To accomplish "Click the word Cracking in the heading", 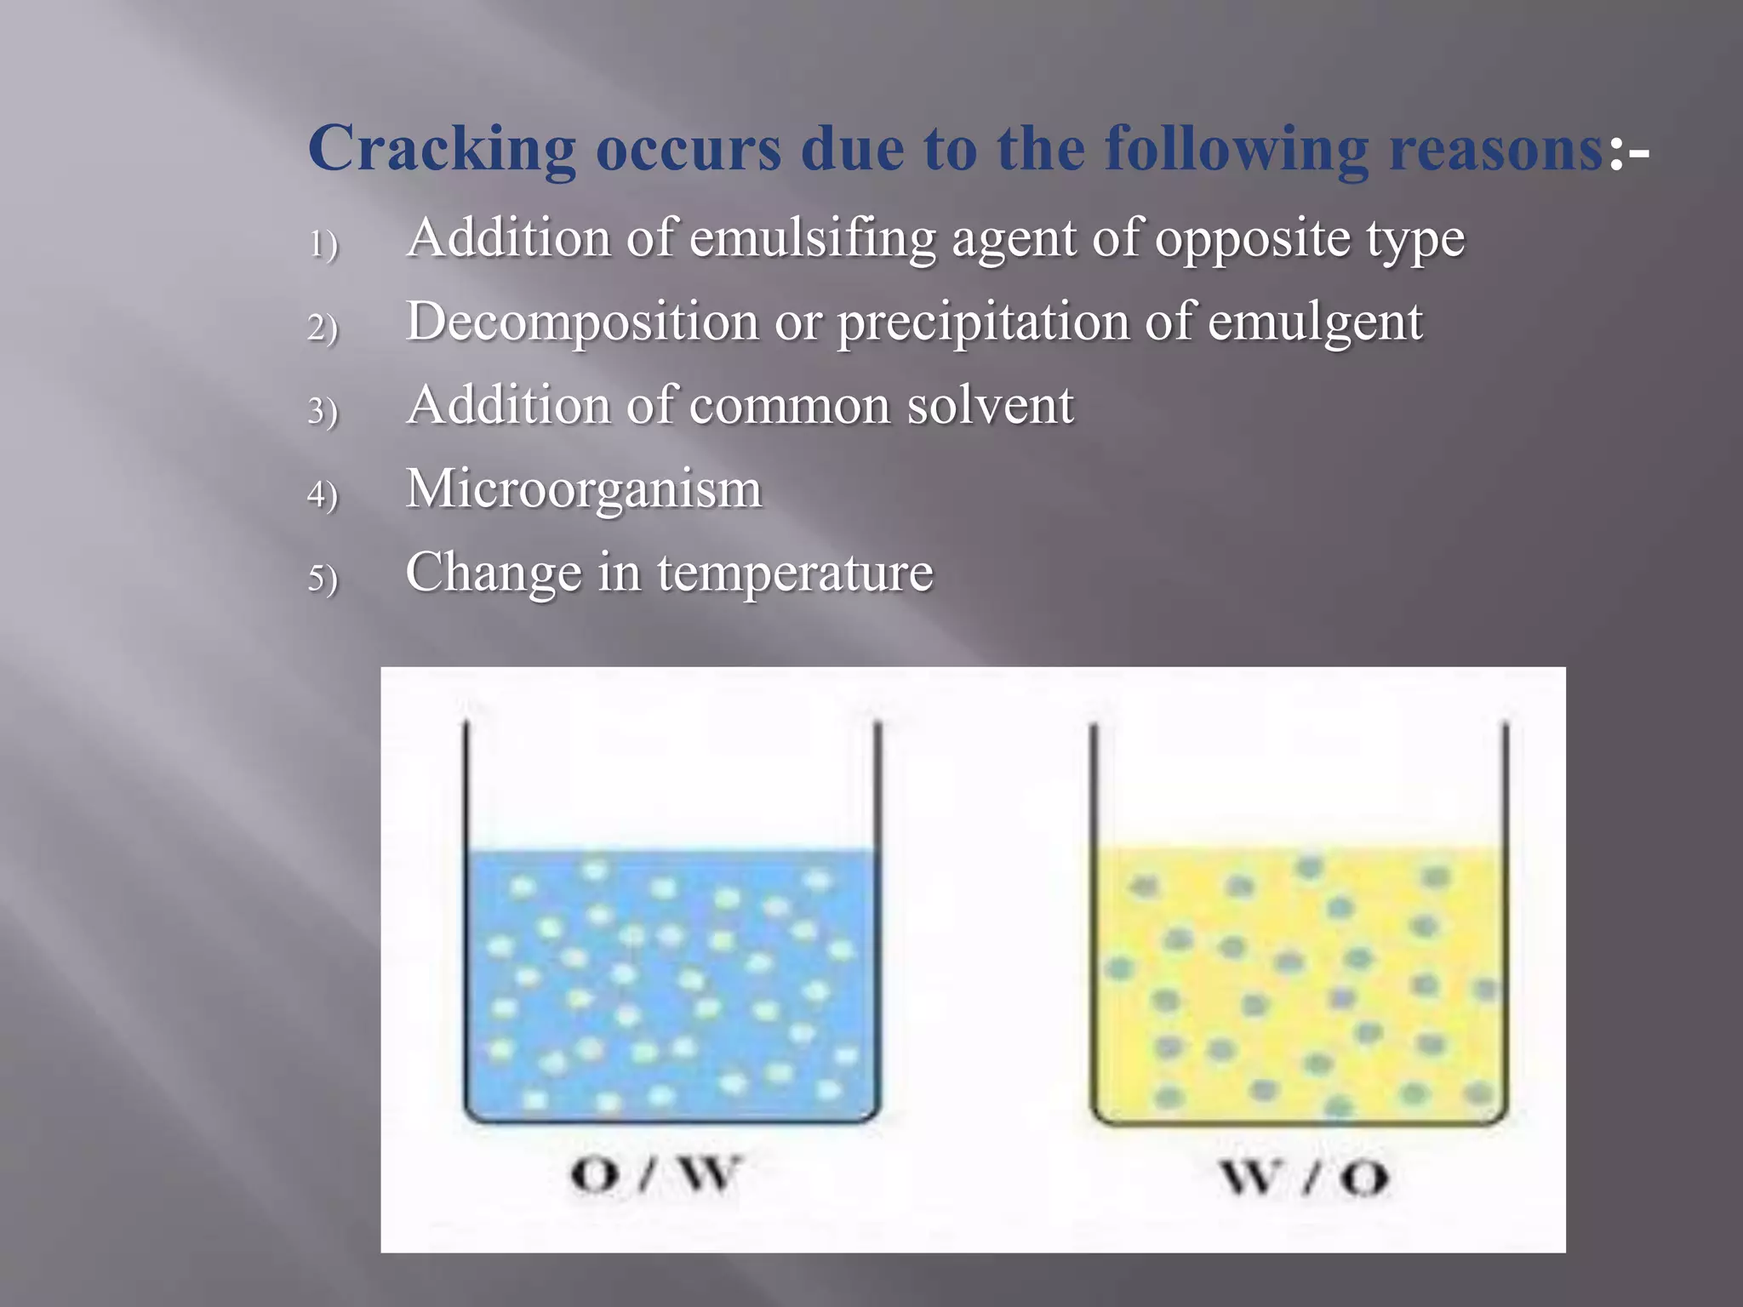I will point(442,149).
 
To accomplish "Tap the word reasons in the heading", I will point(1495,149).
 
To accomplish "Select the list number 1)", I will point(323,245).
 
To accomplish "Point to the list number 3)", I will point(323,412).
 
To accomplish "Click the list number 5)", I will point(323,579).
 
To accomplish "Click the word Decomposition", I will point(582,322).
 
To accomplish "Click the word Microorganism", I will point(584,489).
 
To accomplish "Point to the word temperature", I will point(795,573).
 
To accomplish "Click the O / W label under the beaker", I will point(654,1176).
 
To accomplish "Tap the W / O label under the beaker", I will point(1304,1178).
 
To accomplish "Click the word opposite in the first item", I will point(1252,239).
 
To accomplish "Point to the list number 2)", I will point(323,328).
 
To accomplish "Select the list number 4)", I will point(323,495).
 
